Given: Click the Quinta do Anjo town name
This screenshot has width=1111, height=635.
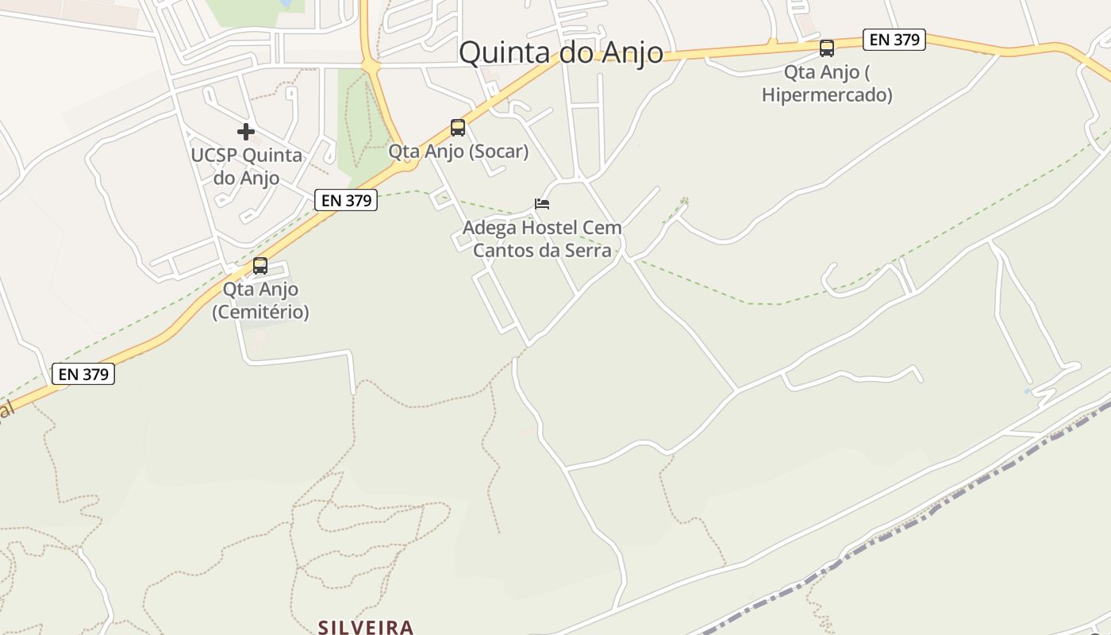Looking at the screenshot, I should tap(561, 52).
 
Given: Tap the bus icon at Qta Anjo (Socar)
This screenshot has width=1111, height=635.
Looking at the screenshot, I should tap(458, 127).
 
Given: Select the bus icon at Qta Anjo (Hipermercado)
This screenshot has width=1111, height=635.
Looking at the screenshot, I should tap(827, 48).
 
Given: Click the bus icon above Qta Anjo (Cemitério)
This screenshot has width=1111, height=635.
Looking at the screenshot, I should tap(260, 266).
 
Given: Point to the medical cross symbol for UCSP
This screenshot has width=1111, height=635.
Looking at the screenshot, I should tap(246, 132).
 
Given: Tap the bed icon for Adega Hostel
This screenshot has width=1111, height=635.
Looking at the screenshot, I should tap(542, 204).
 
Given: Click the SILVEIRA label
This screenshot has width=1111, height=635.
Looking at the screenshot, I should tap(366, 627).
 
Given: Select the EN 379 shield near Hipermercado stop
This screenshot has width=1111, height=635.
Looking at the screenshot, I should tap(894, 40).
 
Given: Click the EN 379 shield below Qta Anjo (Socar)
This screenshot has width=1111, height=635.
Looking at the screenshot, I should tap(347, 200).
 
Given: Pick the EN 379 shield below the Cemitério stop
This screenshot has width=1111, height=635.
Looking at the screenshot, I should tap(83, 374).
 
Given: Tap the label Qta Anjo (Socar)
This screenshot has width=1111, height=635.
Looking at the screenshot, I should tap(458, 151).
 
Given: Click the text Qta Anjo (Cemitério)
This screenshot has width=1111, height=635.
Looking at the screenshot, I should tap(260, 301).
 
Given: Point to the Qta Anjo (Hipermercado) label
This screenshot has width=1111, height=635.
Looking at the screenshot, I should tap(827, 83).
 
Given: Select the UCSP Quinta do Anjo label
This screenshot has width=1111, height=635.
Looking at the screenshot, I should tap(246, 166).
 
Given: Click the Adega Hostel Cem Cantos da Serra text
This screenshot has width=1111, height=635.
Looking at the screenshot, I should tap(542, 239).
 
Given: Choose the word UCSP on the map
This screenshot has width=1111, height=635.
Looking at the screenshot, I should tap(213, 155).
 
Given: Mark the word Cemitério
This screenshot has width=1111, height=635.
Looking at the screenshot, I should tap(260, 312).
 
